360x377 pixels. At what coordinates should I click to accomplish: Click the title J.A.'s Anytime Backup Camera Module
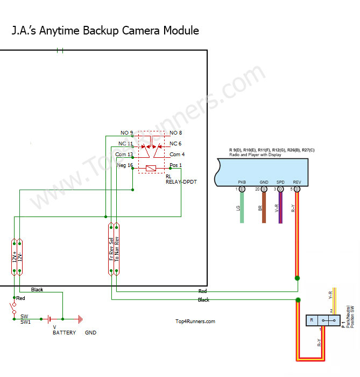(x=105, y=31)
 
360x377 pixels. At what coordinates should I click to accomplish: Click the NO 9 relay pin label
(x=126, y=132)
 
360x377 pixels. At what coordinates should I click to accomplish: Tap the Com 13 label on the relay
(x=125, y=155)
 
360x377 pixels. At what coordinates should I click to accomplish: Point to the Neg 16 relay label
(x=125, y=165)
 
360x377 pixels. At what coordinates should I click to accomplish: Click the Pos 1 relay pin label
(x=176, y=165)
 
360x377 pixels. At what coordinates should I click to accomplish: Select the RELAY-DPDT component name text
(x=181, y=182)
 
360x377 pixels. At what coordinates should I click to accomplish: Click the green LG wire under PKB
(x=242, y=208)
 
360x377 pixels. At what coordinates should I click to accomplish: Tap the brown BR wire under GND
(x=264, y=208)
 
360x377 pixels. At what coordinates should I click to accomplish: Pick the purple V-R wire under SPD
(x=280, y=208)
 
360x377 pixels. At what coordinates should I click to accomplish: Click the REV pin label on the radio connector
(x=297, y=183)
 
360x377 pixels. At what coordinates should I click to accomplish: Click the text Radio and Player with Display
(x=255, y=155)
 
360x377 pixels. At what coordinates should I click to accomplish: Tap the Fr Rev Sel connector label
(x=111, y=248)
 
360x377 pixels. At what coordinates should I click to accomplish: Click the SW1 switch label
(x=26, y=322)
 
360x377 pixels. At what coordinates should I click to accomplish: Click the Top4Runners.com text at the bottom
(x=195, y=322)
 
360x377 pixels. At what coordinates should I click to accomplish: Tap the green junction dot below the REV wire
(x=297, y=278)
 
